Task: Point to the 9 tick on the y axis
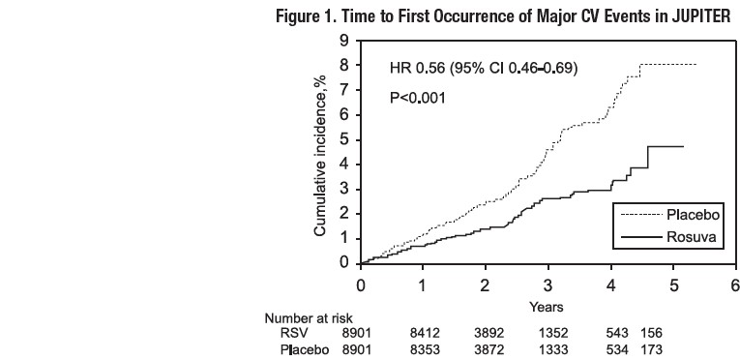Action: tap(343, 41)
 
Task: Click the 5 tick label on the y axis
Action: tap(343, 140)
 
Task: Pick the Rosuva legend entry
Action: tap(690, 236)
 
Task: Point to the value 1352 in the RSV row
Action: tap(548, 332)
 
